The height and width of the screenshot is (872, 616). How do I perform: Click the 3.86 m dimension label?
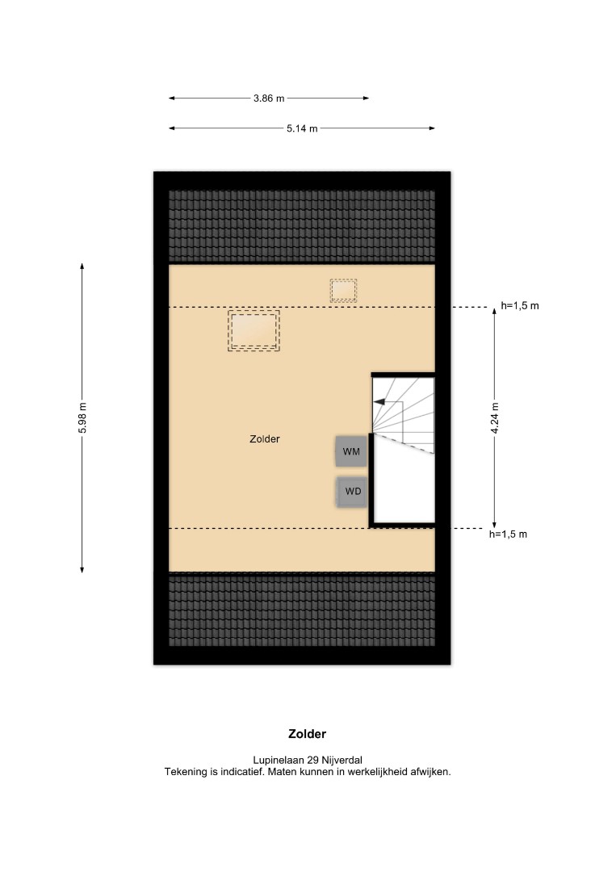[x=269, y=99]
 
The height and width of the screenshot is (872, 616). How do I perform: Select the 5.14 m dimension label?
[x=303, y=128]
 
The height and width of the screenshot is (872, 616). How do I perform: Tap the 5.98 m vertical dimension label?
[x=82, y=417]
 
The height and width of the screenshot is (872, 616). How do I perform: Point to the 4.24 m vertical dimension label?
[x=495, y=417]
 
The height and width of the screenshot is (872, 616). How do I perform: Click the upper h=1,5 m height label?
[x=520, y=305]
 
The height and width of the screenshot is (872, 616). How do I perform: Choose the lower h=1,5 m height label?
[x=508, y=534]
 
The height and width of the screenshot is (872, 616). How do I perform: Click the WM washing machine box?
[x=351, y=451]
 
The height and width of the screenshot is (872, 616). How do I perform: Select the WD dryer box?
[x=353, y=492]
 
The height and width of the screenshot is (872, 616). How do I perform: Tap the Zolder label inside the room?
[x=265, y=438]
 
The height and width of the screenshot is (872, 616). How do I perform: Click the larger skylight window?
[x=254, y=330]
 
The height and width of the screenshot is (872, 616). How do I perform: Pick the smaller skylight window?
[x=343, y=291]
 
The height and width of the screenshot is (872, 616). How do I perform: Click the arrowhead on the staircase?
[x=379, y=401]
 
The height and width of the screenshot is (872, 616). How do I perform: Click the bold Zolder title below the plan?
[x=308, y=733]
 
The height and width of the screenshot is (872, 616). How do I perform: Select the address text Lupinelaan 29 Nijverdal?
[x=308, y=760]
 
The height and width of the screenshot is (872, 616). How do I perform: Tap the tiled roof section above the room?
[x=302, y=226]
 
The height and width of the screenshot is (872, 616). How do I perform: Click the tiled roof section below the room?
[x=302, y=610]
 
